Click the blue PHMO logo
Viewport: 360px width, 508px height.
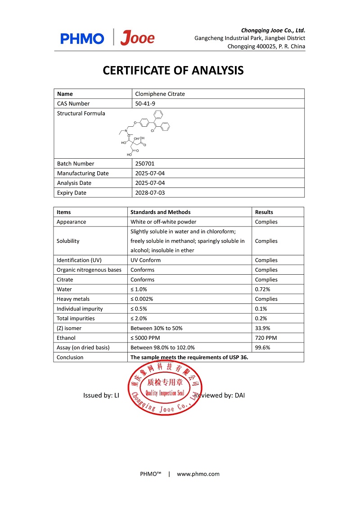(x=82, y=39)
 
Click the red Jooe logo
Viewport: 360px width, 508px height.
(x=138, y=38)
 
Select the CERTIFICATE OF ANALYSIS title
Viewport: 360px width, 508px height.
(x=173, y=71)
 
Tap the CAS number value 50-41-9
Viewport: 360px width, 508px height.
(x=144, y=103)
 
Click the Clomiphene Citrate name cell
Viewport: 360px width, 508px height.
(x=160, y=94)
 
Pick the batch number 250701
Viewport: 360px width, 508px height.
(x=144, y=164)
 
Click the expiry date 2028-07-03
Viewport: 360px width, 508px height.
(x=149, y=193)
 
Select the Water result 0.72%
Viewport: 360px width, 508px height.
(x=263, y=290)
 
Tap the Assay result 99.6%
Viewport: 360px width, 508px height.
(x=263, y=348)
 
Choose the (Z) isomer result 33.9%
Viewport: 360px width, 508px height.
(x=263, y=328)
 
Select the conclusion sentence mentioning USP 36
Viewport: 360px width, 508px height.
(x=189, y=357)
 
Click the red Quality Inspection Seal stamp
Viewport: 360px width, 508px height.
(x=165, y=387)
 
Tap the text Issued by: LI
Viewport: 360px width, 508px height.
(x=101, y=396)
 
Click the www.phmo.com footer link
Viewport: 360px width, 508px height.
(x=198, y=474)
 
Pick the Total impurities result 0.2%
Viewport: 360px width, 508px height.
(x=261, y=318)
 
